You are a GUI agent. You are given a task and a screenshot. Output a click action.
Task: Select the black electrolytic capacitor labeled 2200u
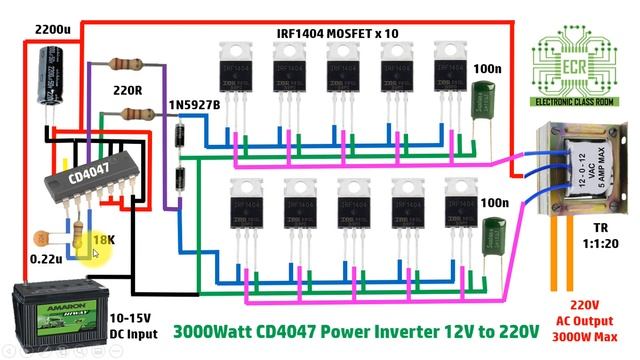coord(48,76)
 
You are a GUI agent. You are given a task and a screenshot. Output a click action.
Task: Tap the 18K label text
coord(103,241)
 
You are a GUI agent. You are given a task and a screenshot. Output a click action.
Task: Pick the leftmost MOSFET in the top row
coord(237,76)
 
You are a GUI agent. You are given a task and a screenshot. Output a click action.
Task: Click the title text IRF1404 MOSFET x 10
coord(337,33)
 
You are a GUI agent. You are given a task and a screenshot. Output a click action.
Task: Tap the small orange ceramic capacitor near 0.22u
coord(41,239)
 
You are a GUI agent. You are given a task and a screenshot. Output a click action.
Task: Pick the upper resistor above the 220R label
coord(123,64)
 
